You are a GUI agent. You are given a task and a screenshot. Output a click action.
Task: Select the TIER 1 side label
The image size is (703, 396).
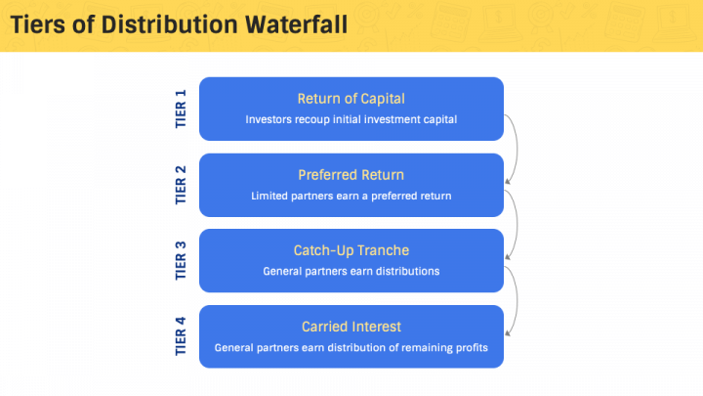point(180,109)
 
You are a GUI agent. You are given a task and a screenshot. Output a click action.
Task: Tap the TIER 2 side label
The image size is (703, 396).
point(180,185)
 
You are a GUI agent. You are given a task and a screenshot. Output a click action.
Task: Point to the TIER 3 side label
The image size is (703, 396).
point(180,260)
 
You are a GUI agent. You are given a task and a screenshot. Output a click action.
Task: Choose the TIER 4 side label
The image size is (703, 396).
point(180,336)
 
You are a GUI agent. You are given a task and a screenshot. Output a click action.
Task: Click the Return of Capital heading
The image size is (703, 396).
point(351,99)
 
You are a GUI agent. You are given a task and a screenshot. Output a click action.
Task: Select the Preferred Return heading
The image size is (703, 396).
point(351,175)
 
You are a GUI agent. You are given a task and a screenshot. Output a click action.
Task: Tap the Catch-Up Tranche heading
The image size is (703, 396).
point(351,250)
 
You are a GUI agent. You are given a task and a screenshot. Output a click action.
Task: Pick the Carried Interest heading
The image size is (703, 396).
point(351,327)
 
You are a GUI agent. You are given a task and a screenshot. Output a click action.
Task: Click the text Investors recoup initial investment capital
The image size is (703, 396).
point(351,119)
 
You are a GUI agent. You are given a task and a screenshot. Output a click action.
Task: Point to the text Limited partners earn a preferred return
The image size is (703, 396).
point(351,196)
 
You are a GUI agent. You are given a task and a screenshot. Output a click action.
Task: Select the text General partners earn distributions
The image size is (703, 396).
point(351,271)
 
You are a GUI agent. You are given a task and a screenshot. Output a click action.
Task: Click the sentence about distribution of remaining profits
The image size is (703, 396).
point(351,347)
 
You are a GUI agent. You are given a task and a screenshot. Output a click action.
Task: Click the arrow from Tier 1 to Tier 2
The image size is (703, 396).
point(515,150)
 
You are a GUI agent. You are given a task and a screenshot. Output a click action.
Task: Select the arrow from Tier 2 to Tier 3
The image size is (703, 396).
point(515,225)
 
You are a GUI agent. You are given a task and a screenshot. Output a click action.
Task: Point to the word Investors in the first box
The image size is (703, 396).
point(269,119)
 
